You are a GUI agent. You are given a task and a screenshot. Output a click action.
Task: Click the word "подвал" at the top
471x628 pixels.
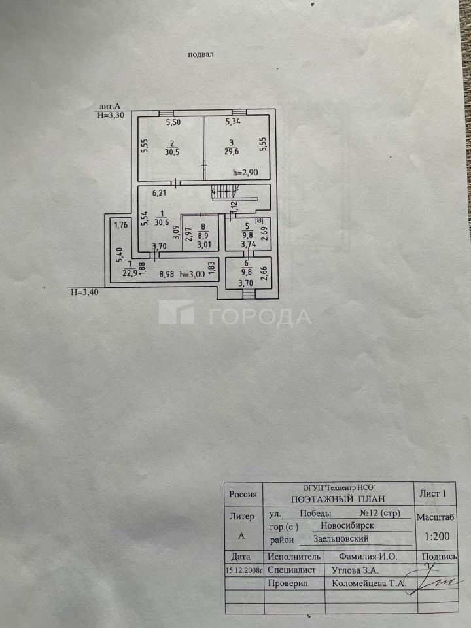(201, 56)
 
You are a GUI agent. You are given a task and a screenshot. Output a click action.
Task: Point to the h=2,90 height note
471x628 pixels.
(246, 173)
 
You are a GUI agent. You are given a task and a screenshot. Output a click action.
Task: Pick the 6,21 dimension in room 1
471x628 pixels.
(160, 194)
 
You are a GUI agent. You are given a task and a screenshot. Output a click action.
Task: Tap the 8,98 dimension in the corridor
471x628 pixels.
(169, 275)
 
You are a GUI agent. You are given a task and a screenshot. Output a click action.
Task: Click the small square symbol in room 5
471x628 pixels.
(259, 222)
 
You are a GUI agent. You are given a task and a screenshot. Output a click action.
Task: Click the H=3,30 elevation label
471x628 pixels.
(110, 115)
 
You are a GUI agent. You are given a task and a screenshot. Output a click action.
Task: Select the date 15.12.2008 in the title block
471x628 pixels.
(244, 570)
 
